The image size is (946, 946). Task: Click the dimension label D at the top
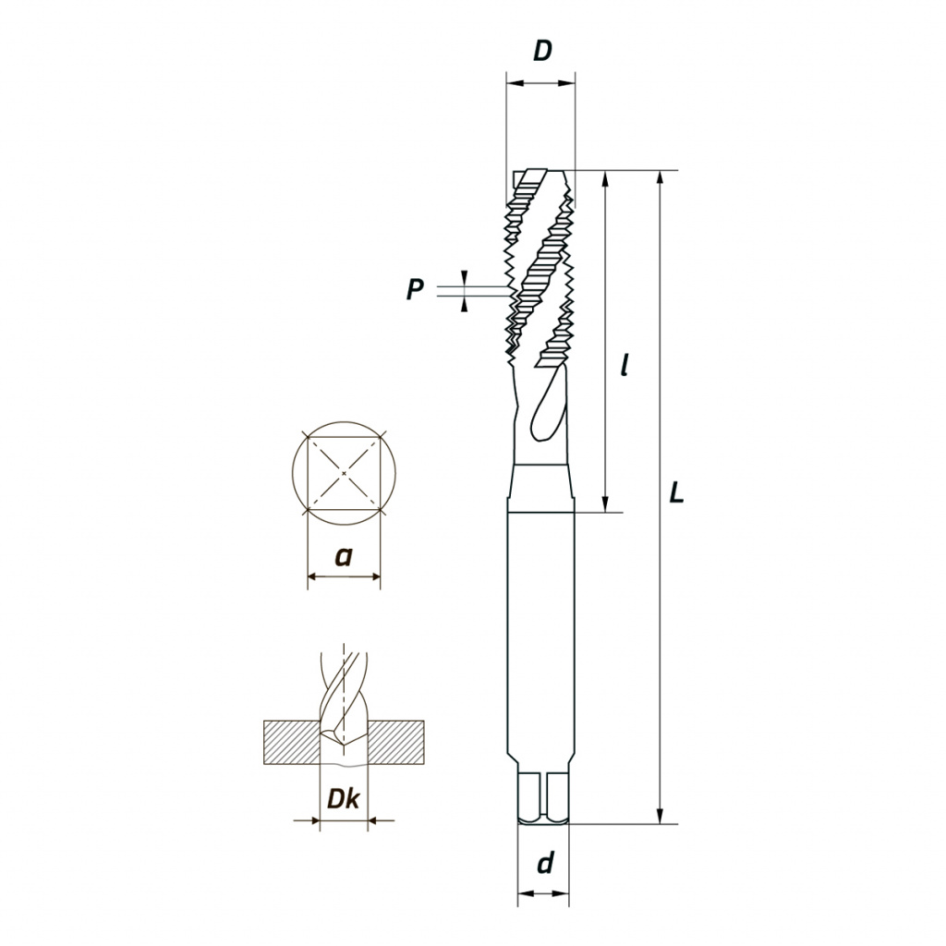tap(542, 52)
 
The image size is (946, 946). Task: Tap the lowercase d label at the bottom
tap(545, 864)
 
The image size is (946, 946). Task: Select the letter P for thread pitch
tap(415, 289)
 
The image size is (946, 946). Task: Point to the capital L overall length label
tap(677, 494)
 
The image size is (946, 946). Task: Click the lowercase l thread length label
tap(625, 365)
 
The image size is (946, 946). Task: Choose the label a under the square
tap(344, 557)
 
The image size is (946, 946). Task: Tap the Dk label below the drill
tap(343, 798)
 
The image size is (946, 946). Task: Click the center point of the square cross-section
tap(344, 474)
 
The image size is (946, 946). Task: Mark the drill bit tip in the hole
tap(343, 746)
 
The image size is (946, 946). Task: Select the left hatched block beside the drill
tap(292, 743)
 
